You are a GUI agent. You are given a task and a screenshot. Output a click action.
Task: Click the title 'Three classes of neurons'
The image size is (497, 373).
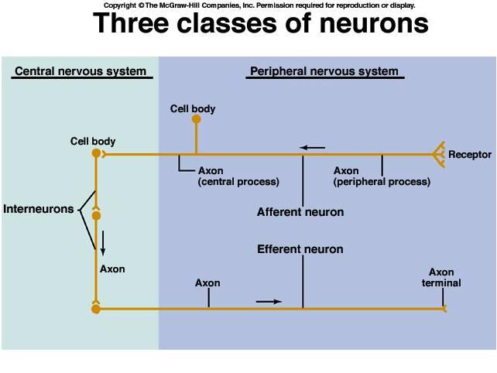[x=260, y=24]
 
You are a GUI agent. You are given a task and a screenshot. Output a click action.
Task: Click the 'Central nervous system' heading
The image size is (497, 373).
[x=80, y=72]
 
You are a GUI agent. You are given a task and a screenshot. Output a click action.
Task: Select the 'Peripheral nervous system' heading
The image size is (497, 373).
[x=324, y=72]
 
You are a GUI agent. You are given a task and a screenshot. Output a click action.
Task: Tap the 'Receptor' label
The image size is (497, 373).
[x=470, y=155]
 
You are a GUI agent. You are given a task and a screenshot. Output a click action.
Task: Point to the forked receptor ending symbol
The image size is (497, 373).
[x=439, y=154]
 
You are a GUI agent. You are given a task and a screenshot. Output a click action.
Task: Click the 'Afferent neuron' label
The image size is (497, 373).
[x=300, y=212]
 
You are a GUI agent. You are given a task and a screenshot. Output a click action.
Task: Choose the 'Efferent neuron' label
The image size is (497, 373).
[x=300, y=250]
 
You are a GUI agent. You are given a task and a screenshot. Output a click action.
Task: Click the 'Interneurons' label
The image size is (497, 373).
[x=38, y=209]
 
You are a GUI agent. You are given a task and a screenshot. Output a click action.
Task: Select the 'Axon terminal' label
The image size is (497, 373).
[x=441, y=278]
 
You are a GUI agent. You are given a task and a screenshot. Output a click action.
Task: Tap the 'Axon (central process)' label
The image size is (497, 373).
[x=238, y=176]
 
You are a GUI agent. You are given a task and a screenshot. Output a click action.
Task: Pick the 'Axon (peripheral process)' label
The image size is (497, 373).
[x=382, y=176]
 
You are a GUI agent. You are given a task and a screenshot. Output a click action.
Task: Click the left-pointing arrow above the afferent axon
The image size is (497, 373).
[x=314, y=147]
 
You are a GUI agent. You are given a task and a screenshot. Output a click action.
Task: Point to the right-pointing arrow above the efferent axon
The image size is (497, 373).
[x=268, y=300]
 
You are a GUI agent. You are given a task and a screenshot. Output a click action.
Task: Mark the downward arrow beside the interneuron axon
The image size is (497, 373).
[x=102, y=244]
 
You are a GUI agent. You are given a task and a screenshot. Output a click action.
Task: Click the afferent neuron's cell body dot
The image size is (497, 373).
[x=196, y=120]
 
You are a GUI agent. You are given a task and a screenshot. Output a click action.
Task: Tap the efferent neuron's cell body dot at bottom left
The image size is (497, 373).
[x=96, y=309]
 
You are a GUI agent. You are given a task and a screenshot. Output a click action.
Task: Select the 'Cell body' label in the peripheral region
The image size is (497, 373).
[x=193, y=109]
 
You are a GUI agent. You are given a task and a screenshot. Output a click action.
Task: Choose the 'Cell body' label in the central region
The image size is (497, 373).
[x=93, y=142]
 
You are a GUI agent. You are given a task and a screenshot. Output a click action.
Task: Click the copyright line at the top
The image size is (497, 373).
[x=259, y=5]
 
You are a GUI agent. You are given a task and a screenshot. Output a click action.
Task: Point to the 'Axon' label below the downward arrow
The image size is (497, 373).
[x=112, y=269]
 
